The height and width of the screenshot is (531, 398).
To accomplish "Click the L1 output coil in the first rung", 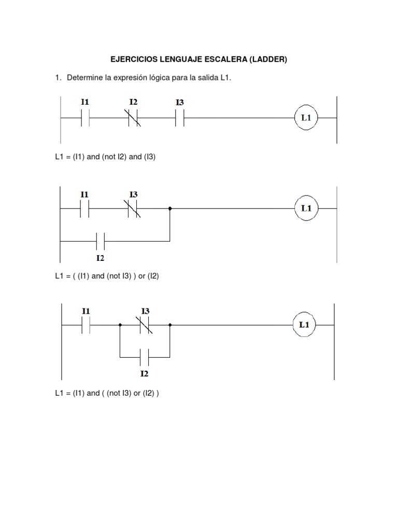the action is coord(306,118).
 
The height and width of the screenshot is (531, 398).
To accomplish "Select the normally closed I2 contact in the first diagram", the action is coord(134,118).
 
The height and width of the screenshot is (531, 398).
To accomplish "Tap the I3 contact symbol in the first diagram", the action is coord(180,118).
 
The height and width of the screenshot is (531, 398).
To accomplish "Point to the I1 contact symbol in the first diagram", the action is coord(86,118).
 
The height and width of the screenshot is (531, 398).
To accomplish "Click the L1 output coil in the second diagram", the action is coord(306,208).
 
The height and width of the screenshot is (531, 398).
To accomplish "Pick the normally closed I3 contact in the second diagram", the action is coord(133,208).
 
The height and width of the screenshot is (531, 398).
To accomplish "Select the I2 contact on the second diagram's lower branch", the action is coord(100,241).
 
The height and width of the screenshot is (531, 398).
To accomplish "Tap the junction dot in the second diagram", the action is coord(170,208).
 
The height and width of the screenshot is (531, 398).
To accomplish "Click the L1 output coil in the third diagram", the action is coord(304,325).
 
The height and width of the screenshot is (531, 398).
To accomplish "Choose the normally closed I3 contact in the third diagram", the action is coord(145,325).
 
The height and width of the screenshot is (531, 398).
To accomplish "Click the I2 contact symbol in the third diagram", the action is coord(144,357).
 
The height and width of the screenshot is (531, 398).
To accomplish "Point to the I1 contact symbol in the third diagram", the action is coord(86,325).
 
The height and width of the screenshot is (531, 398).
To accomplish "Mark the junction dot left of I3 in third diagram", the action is coord(120,325).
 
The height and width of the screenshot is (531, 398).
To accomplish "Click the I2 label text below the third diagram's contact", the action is coord(144,373).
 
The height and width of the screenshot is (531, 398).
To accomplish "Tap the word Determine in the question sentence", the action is coord(84,78).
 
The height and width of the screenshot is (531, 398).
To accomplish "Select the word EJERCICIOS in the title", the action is coord(134,59).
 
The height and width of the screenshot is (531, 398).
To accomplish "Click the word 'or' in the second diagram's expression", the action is coord(142,276).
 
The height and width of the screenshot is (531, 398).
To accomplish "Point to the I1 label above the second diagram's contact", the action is coord(84,194).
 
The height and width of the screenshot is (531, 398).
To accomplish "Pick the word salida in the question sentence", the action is coord(208,78).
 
